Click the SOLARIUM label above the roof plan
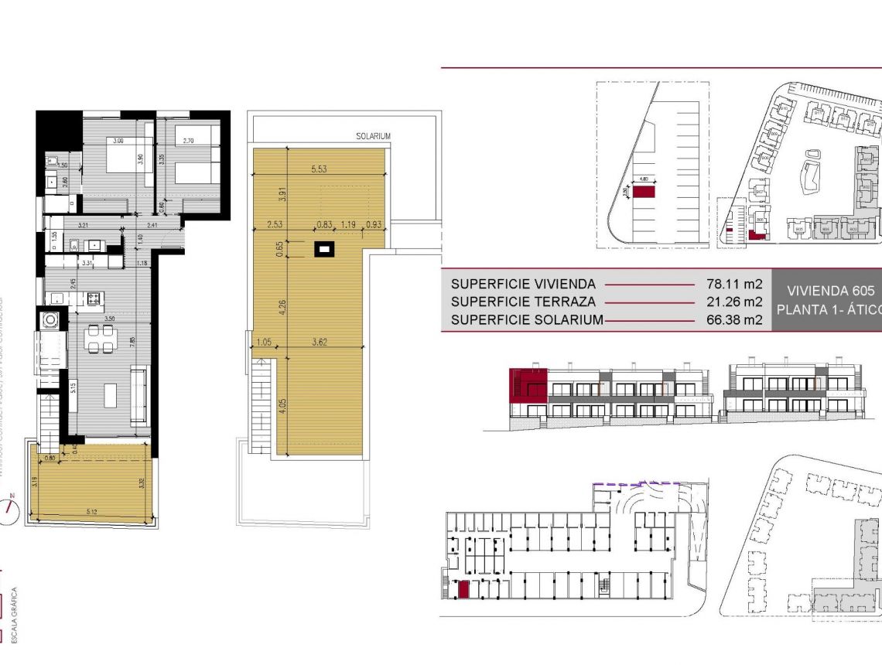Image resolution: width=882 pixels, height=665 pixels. [x=373, y=136]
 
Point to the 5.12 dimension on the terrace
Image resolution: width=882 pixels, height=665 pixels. [x=92, y=510]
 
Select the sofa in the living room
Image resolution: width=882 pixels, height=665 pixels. [x=140, y=395]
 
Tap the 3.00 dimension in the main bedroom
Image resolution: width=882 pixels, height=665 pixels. [x=118, y=142]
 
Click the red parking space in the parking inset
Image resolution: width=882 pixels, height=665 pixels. [x=644, y=190]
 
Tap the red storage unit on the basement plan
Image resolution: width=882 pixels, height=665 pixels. [x=463, y=591]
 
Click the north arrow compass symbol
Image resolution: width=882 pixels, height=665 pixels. [x=10, y=508]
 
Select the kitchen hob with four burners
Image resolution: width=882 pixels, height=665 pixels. [x=94, y=297]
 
